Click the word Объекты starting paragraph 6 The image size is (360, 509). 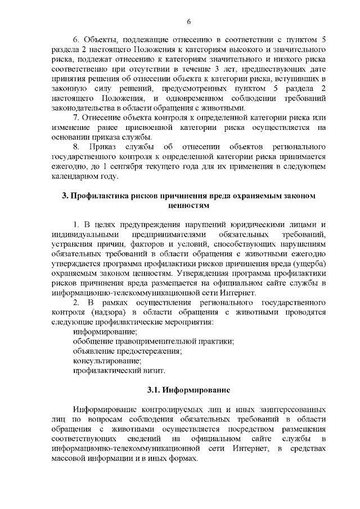coord(100,40)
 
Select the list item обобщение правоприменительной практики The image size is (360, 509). coord(154,341)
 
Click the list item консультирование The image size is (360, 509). coord(107,361)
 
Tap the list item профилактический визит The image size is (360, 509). coord(119,371)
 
